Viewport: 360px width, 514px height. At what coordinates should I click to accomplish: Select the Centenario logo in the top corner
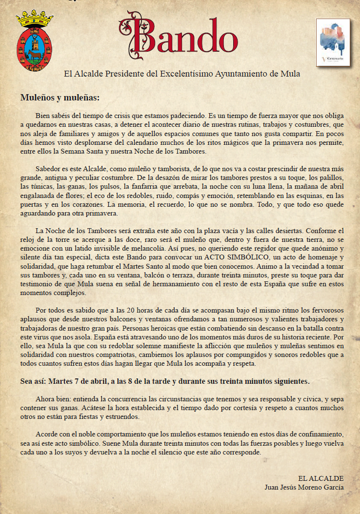(333, 43)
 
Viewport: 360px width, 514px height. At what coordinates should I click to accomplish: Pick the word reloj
(28, 239)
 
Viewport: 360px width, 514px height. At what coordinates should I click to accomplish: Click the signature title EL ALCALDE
(320, 478)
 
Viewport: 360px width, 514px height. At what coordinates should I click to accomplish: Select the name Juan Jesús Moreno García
(304, 487)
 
